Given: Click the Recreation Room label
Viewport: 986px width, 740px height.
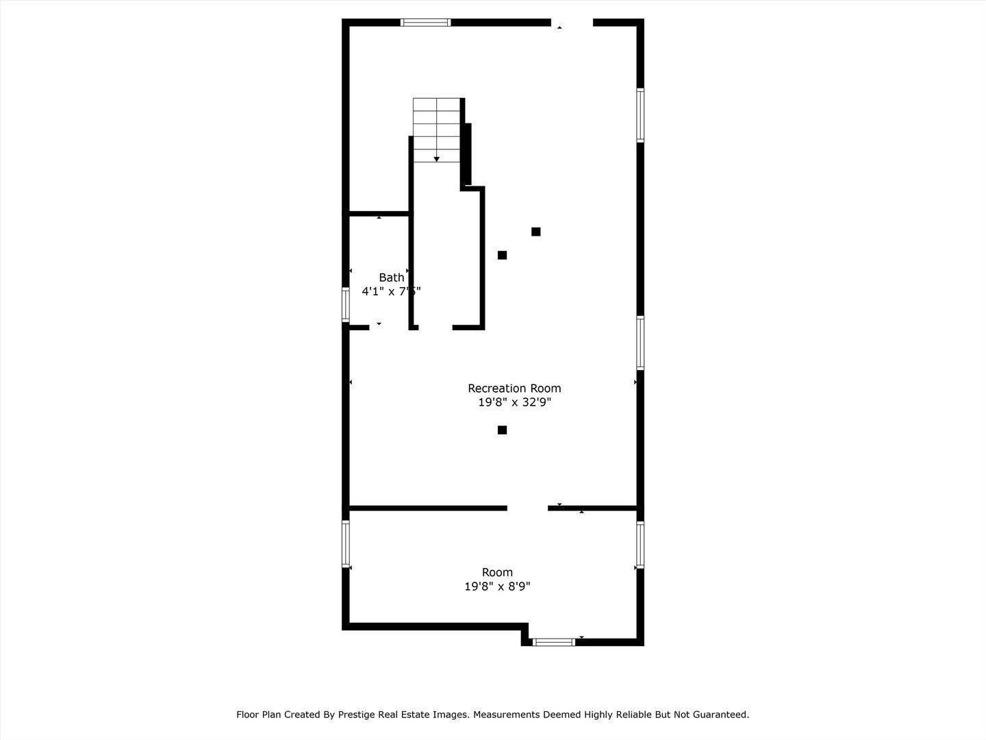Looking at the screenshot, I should point(514,388).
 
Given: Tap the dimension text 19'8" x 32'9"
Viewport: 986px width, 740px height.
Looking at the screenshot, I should point(514,403).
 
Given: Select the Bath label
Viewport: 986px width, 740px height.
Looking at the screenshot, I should point(391,277).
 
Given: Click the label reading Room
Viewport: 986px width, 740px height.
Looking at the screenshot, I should point(497,573).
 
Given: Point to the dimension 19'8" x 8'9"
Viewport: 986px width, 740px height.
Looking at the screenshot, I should point(497,587).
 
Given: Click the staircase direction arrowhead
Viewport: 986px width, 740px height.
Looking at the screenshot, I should point(436,159).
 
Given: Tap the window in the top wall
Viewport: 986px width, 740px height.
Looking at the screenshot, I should point(426,23).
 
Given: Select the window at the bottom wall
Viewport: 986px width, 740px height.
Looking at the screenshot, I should point(553,642).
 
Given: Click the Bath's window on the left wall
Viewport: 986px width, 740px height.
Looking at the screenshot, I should point(346,304).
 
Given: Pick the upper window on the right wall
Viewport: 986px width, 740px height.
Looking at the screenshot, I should point(640,115).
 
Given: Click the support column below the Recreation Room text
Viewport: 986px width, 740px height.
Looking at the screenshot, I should point(502,430).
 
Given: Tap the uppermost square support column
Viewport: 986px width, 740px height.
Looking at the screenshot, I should point(536,232).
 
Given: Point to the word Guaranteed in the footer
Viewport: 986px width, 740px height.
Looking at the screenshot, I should point(722,715).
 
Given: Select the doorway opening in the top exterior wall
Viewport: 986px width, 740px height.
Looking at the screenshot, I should point(572,23).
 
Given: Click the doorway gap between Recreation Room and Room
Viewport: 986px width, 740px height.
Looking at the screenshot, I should point(527,508).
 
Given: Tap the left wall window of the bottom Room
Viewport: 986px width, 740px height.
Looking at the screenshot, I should point(346,544).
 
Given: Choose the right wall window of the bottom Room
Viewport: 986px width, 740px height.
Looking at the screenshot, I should point(640,545).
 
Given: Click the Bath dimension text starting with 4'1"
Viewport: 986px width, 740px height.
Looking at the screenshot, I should point(391,291).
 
